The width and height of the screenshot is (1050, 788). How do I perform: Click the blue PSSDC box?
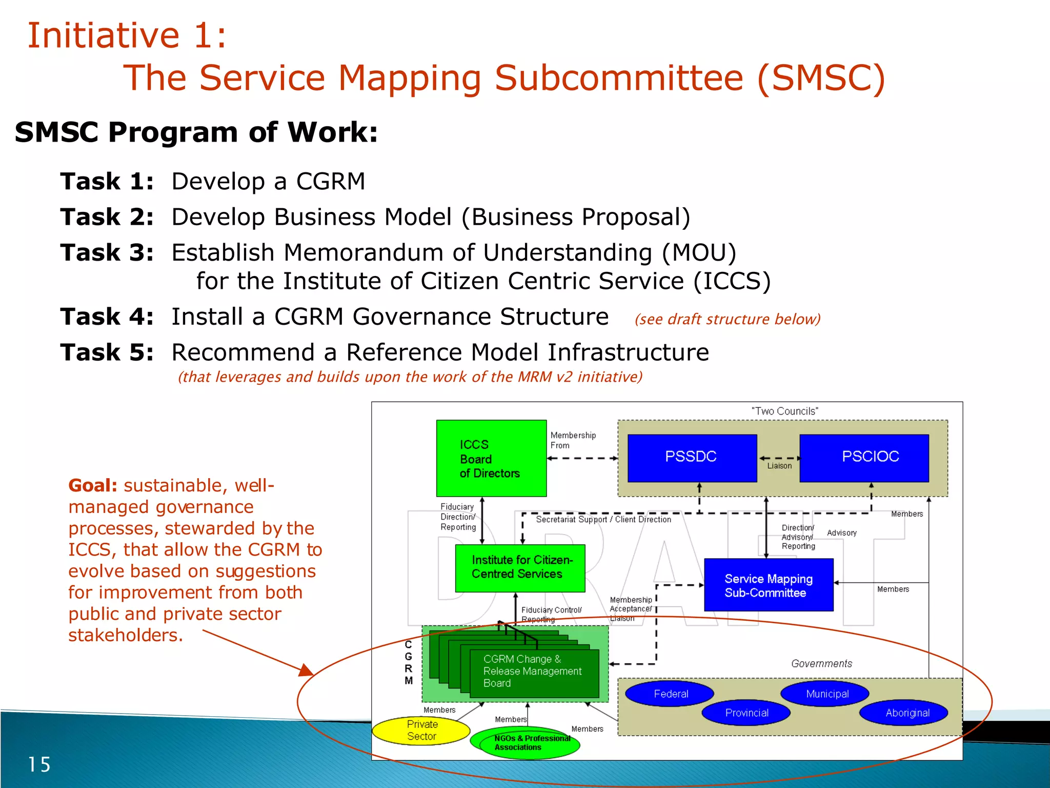692,458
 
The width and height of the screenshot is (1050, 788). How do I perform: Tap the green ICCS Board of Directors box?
491,458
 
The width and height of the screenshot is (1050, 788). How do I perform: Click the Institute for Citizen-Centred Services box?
520,568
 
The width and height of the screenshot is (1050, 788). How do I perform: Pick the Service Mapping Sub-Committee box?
768,585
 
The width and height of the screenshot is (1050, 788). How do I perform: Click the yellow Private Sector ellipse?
421,731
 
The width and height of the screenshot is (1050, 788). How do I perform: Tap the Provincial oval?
746,713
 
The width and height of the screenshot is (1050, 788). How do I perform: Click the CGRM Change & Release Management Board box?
533,672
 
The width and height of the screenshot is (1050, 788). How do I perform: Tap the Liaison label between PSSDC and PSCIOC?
779,466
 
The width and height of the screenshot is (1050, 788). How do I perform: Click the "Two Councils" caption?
784,411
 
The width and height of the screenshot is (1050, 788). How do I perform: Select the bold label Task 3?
107,253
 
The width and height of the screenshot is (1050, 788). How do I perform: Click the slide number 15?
39,765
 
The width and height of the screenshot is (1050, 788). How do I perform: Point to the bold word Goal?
93,485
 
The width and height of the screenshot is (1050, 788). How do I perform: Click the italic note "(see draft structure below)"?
727,320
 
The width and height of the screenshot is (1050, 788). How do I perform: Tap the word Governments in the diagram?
821,664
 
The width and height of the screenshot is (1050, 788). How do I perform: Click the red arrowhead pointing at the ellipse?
306,670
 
